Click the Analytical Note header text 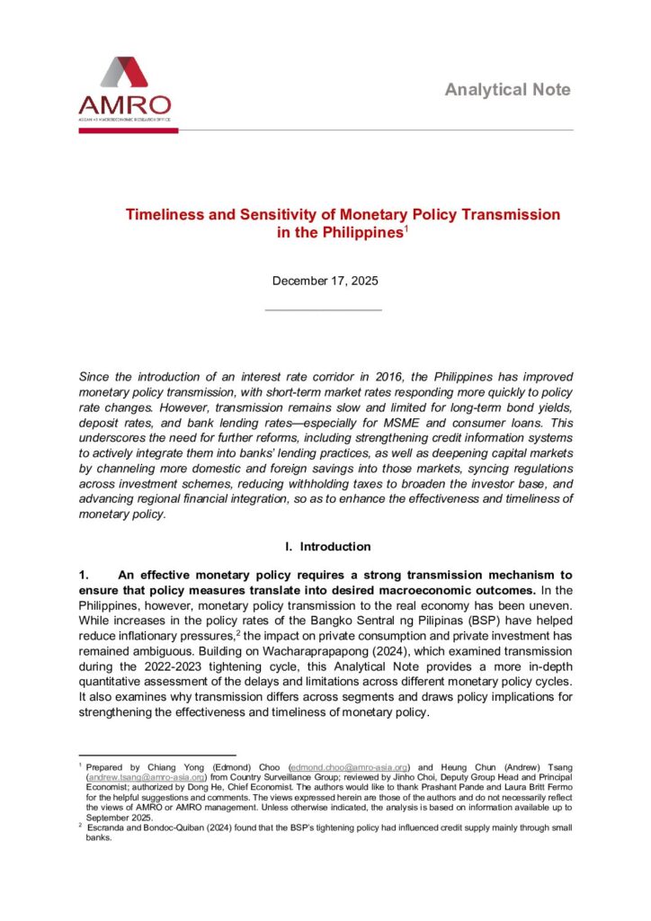pyautogui.click(x=507, y=90)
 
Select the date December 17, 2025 pyautogui.click(x=325, y=281)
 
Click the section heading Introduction pyautogui.click(x=334, y=546)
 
